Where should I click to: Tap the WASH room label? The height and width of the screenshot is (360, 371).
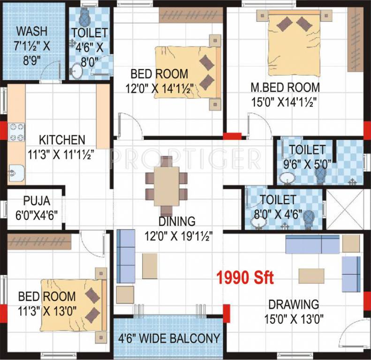pyautogui.click(x=31, y=32)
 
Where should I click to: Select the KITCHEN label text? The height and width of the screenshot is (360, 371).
pyautogui.click(x=62, y=140)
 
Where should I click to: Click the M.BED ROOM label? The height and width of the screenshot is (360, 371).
pyautogui.click(x=285, y=88)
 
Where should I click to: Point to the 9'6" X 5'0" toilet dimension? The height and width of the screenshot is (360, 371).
pyautogui.click(x=307, y=164)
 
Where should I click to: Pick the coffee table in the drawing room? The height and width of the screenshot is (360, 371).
pyautogui.click(x=311, y=276)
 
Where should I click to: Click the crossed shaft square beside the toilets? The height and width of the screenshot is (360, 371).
pyautogui.click(x=345, y=210)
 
